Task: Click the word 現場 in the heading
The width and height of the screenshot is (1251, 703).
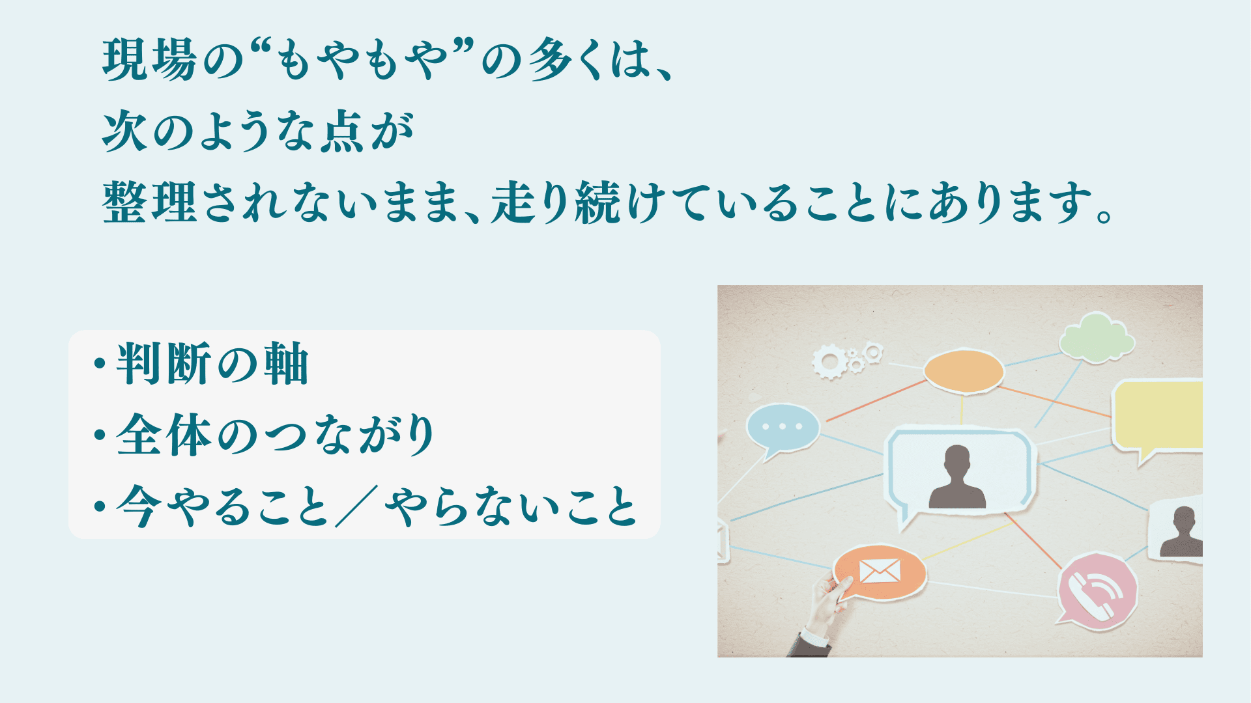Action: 150,60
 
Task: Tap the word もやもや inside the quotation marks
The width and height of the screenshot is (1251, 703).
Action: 362,60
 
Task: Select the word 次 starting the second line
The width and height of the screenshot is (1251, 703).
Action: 125,131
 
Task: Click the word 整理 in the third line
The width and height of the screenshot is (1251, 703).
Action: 150,202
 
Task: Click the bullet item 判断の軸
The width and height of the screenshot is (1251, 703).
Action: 212,364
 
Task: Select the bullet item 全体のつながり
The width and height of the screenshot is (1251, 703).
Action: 276,435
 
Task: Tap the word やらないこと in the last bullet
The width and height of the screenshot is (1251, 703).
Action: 511,506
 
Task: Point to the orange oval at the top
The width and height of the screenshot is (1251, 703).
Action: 964,372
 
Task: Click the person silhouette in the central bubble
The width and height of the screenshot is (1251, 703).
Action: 957,477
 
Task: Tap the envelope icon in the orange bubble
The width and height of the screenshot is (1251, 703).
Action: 880,571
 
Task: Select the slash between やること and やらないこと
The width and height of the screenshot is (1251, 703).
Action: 356,506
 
